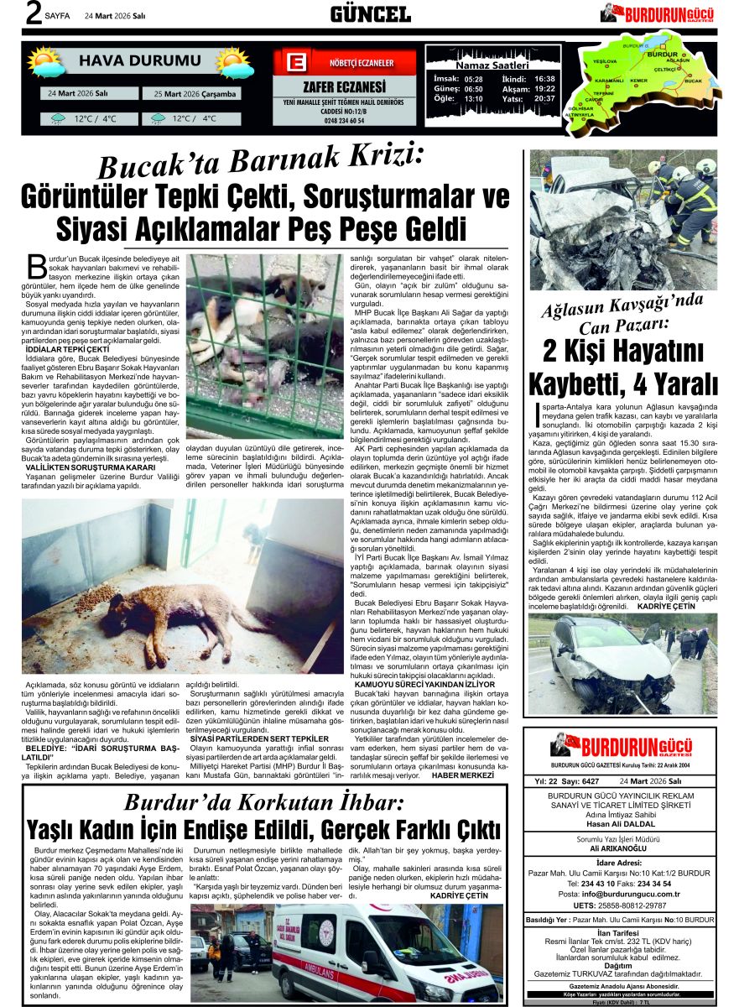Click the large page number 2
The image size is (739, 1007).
tap(33, 14)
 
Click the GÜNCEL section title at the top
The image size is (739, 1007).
tap(369, 13)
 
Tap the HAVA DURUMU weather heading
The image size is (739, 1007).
tap(140, 60)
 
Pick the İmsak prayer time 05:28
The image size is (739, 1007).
tap(473, 78)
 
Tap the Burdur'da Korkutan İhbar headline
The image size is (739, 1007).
tap(264, 802)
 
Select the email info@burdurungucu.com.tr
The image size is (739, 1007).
tap(619, 893)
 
